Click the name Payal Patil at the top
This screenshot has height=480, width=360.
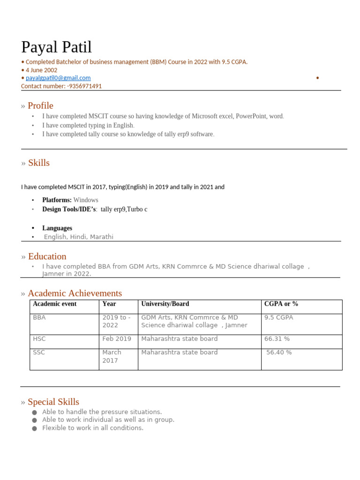(x=56, y=47)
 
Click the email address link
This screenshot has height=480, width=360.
(x=58, y=78)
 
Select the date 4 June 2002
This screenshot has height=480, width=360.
(x=41, y=70)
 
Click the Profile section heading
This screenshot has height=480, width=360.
(x=40, y=105)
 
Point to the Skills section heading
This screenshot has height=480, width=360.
(x=38, y=163)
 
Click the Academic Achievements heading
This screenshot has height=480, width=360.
(x=75, y=293)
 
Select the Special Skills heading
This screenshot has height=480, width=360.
(x=53, y=402)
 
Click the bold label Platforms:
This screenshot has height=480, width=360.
(x=57, y=200)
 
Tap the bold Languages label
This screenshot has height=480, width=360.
(x=57, y=228)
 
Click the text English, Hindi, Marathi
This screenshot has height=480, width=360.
(x=78, y=237)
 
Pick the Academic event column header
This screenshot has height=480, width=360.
(x=54, y=304)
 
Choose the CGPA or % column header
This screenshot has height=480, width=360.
(x=281, y=304)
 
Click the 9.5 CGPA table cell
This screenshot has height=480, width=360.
(x=278, y=317)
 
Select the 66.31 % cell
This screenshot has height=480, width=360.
(x=277, y=338)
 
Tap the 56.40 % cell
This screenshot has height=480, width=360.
(x=279, y=352)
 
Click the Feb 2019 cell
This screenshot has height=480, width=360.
(x=117, y=338)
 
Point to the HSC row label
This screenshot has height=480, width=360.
(x=39, y=338)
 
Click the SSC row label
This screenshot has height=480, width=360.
(x=39, y=352)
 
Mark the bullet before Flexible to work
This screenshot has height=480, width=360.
(x=35, y=428)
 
